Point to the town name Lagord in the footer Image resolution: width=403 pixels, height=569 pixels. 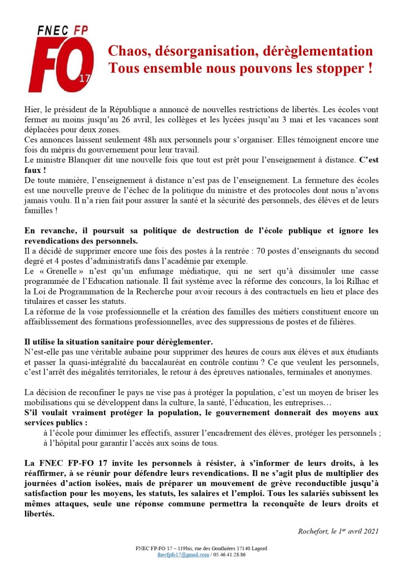[257, 548]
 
